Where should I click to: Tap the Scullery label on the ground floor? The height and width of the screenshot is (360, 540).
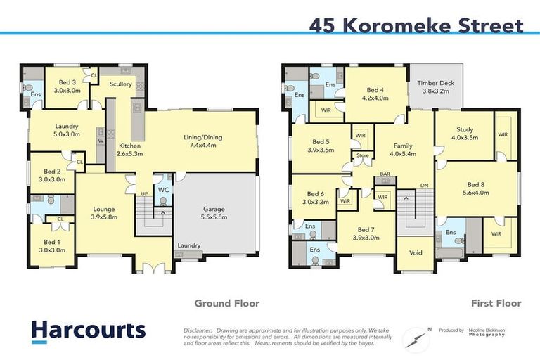[x=120, y=84]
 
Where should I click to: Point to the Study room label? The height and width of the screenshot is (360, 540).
[x=464, y=129]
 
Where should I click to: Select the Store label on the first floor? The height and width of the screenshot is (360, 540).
[x=362, y=155]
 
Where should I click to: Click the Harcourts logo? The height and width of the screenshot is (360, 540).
[x=88, y=330]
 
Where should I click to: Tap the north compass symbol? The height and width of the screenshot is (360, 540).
[x=416, y=339]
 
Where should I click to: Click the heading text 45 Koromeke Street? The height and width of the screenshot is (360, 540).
[x=416, y=26]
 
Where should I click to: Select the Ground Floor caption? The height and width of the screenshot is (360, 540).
[x=227, y=303]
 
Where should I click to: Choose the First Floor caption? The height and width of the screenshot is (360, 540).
[x=496, y=303]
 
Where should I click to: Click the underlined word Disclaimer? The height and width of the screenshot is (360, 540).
[x=198, y=329]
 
